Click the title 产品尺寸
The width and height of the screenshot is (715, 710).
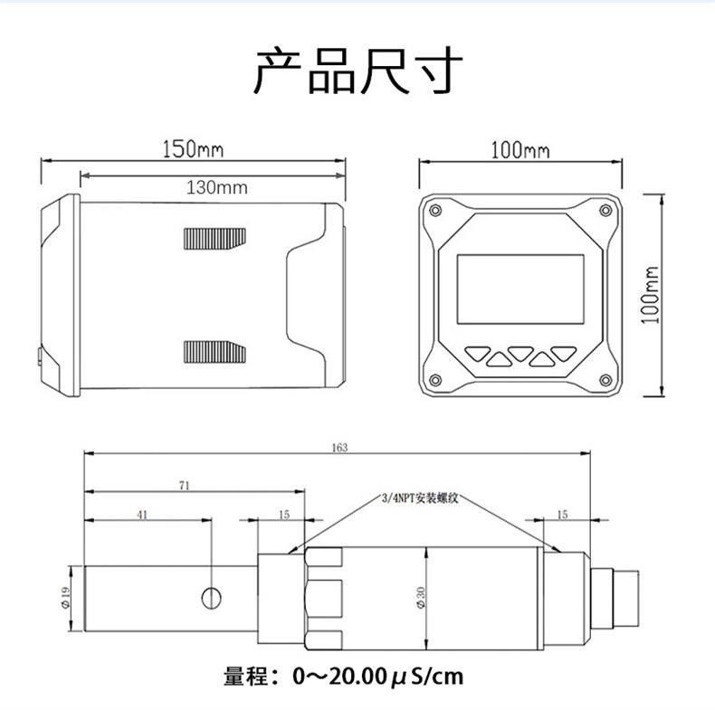(x=357, y=72)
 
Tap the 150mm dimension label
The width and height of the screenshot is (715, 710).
(x=193, y=149)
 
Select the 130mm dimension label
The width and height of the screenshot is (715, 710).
(x=216, y=188)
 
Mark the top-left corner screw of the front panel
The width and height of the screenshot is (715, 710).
(x=436, y=211)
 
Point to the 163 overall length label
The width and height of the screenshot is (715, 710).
(x=339, y=447)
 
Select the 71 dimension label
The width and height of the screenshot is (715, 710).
(x=185, y=486)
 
